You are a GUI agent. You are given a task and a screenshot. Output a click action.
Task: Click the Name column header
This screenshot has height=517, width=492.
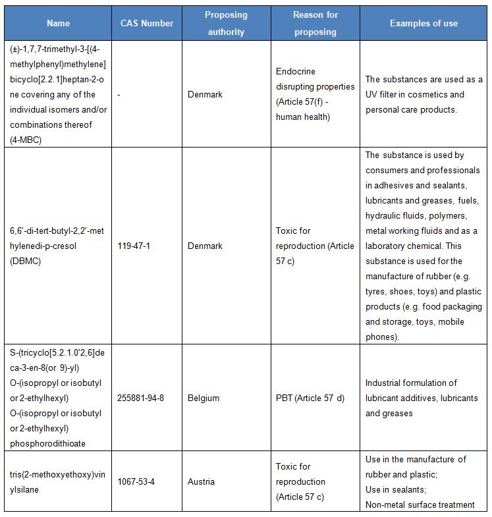tap(58, 23)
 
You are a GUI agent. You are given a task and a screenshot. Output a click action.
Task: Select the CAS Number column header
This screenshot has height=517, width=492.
tap(147, 23)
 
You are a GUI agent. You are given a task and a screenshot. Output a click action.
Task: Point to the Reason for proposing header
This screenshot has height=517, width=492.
tap(315, 23)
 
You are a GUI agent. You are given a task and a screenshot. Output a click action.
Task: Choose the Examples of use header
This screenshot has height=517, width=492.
tap(424, 23)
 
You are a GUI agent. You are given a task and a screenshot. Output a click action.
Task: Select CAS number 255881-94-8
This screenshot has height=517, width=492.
tap(140, 398)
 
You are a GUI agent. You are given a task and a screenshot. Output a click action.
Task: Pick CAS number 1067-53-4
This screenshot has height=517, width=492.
tap(136, 481)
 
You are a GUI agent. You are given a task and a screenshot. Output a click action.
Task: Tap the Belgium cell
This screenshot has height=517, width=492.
tap(204, 398)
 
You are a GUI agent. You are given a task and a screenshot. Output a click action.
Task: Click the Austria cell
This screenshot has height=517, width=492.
tap(201, 481)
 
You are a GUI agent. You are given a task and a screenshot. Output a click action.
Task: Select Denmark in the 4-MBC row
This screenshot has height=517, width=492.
tap(205, 94)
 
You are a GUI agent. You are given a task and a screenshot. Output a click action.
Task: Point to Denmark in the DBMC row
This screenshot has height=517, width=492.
tap(205, 246)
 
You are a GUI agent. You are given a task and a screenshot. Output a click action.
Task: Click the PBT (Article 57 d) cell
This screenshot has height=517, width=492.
tap(310, 398)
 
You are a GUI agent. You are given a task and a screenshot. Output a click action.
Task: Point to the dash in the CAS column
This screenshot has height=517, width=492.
tap(119, 94)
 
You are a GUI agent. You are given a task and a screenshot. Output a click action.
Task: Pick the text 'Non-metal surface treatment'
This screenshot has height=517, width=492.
tap(420, 504)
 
